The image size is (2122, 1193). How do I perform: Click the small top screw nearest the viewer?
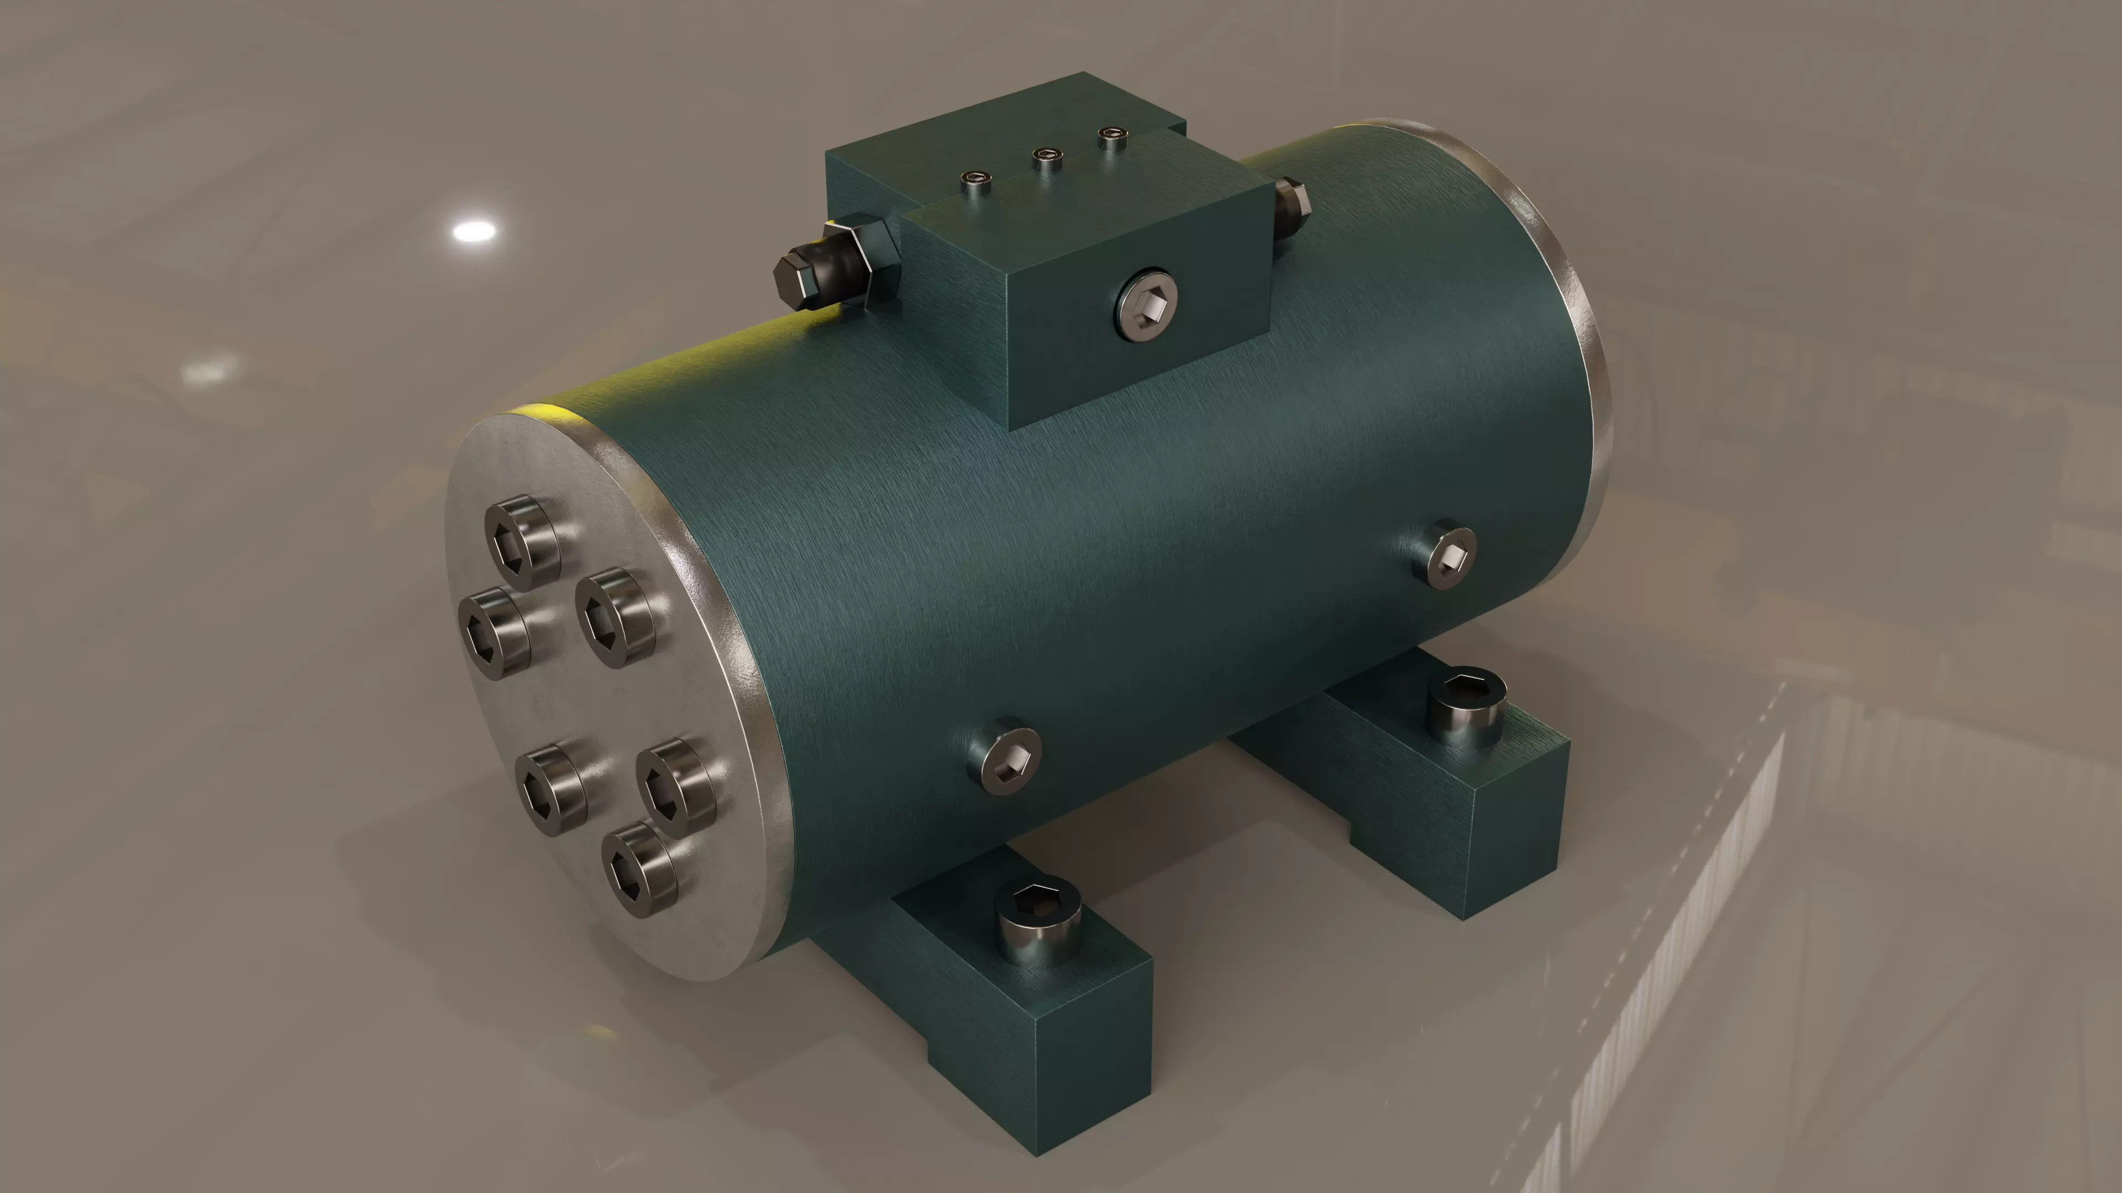point(977,183)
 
